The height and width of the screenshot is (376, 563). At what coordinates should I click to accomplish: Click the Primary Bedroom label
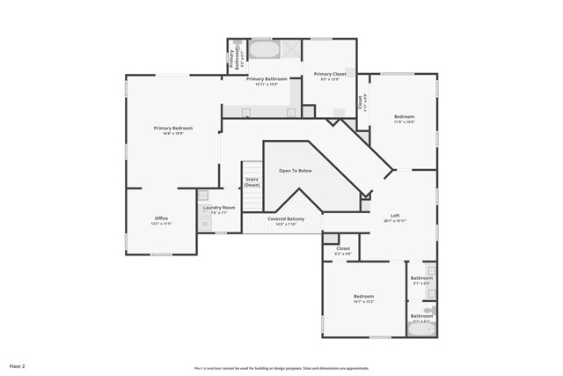click(173, 129)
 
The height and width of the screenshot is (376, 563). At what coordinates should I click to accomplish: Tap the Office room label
click(161, 218)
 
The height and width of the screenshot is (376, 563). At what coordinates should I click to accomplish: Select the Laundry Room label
click(219, 207)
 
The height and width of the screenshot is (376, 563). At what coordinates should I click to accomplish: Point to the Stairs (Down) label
click(252, 182)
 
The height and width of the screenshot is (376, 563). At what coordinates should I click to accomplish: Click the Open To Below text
click(296, 171)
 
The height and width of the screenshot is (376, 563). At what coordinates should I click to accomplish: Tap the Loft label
click(395, 215)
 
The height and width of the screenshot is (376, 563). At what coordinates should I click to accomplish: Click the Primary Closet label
click(332, 74)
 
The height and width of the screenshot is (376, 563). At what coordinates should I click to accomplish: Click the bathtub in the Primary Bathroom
click(263, 49)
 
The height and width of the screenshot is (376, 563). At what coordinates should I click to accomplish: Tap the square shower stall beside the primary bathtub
click(289, 49)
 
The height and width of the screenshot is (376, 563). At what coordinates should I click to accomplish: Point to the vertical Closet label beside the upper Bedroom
click(360, 103)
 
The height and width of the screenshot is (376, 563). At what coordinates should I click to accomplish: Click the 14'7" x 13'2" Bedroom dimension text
click(364, 302)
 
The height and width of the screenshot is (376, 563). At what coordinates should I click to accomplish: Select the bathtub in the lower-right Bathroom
click(421, 330)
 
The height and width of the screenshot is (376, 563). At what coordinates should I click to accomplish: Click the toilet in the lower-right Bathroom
click(428, 310)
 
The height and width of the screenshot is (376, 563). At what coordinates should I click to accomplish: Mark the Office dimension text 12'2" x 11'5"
click(161, 224)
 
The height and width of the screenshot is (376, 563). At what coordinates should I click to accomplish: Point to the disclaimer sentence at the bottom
click(281, 368)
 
